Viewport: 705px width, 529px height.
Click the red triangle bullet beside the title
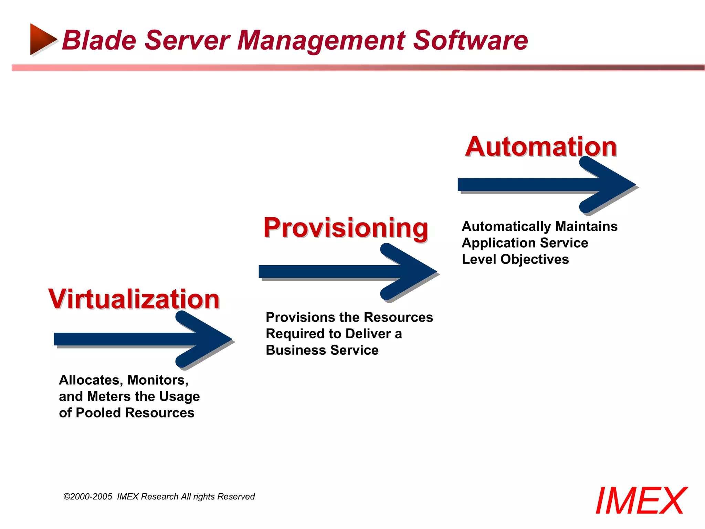click(42, 39)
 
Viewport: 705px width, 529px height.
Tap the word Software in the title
click(470, 40)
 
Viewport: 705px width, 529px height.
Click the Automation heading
click(541, 147)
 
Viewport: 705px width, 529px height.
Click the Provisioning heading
click(346, 228)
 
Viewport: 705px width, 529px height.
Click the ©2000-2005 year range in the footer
click(88, 497)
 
